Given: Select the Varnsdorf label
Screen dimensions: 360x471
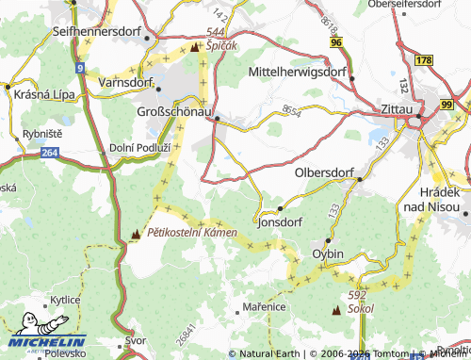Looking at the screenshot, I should click(127, 83).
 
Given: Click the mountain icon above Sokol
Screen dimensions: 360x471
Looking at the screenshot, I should click(336, 308).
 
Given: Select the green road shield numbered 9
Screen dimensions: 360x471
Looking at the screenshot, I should click(81, 68).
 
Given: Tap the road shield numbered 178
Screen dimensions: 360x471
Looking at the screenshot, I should click(423, 60).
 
